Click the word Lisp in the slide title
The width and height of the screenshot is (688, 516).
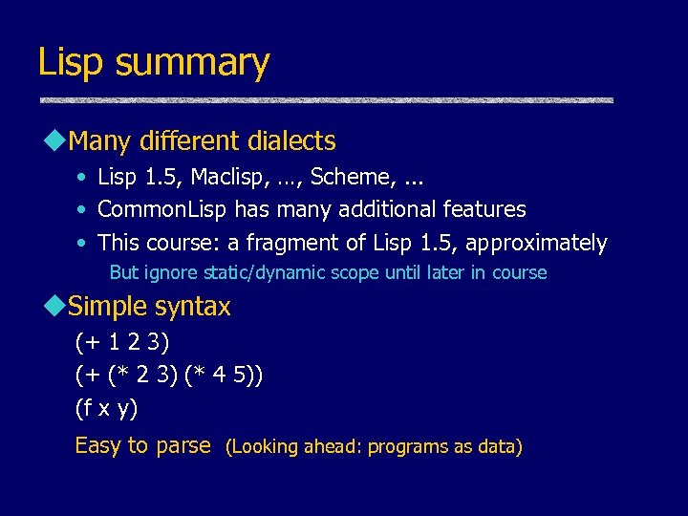(73, 63)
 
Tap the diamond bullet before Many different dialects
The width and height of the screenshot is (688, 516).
(53, 141)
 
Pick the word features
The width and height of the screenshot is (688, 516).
(484, 209)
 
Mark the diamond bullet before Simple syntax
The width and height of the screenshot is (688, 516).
(53, 307)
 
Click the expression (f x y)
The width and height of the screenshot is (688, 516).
(106, 409)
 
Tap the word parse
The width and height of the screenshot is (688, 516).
(183, 445)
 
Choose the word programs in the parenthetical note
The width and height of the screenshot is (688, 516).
(400, 447)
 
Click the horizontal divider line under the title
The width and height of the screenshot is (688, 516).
(325, 100)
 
